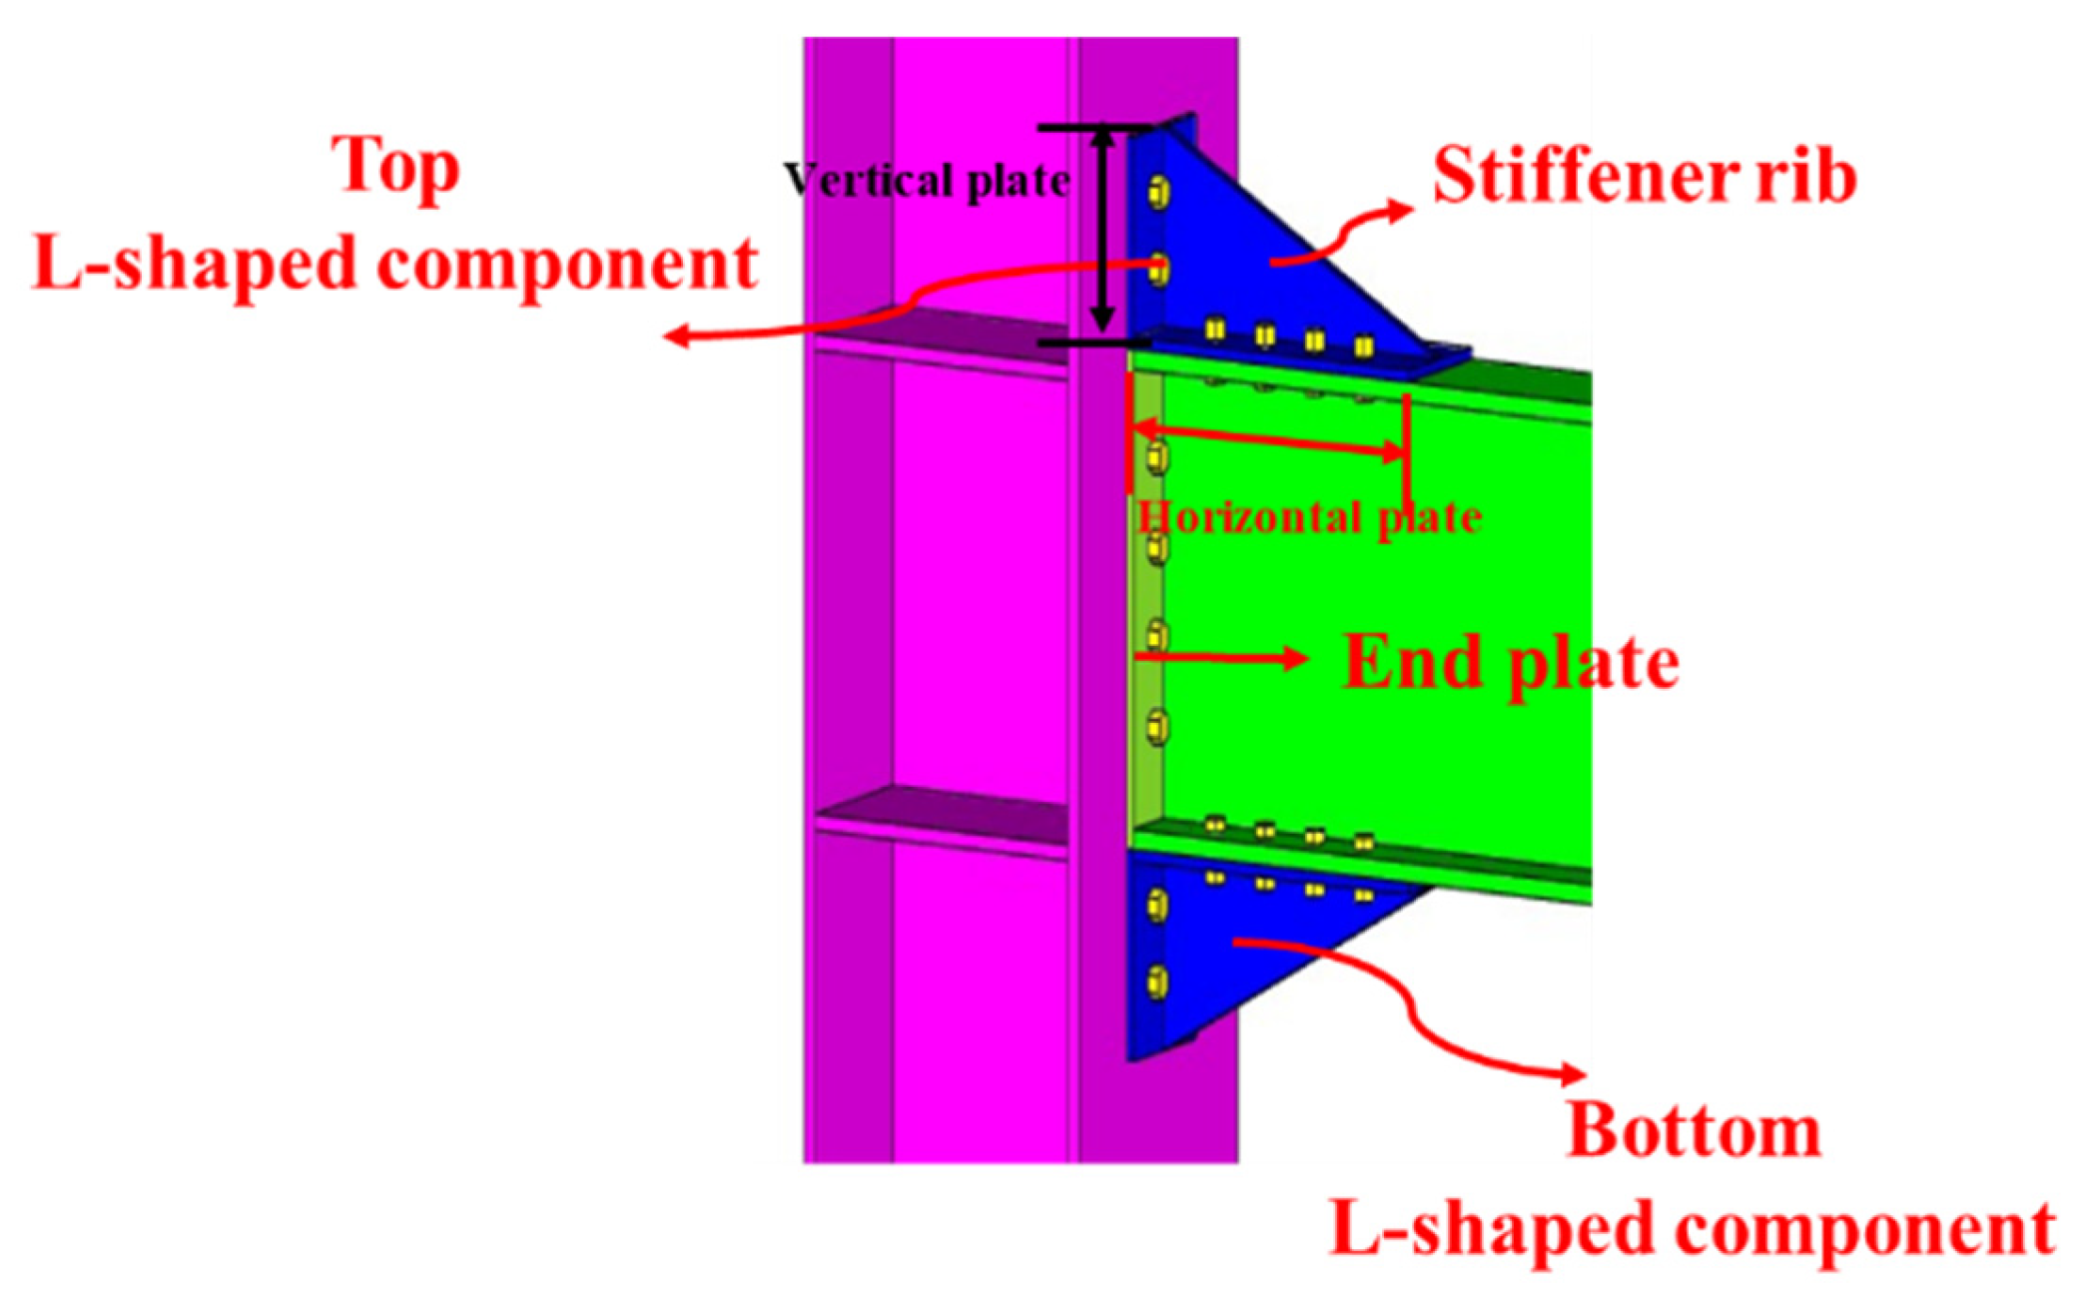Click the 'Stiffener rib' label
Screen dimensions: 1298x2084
[x=1644, y=177]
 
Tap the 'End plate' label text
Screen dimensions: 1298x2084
[x=1511, y=663]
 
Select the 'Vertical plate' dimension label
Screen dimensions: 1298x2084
[x=927, y=182]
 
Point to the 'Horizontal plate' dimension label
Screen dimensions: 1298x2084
[x=1308, y=517]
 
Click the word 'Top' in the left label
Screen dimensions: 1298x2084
[x=395, y=167]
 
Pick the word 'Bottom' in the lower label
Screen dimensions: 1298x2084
[x=1694, y=1132]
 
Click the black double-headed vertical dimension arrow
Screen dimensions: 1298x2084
[x=1101, y=230]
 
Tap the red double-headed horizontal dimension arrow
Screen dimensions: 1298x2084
[x=1268, y=440]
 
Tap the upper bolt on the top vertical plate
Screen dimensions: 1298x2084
[x=1159, y=192]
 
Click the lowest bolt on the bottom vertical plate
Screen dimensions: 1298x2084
[x=1157, y=981]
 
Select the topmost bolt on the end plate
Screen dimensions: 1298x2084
[x=1156, y=458]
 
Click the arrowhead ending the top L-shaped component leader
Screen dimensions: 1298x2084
[x=676, y=336]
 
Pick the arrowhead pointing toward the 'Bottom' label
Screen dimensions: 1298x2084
[x=1575, y=1074]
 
